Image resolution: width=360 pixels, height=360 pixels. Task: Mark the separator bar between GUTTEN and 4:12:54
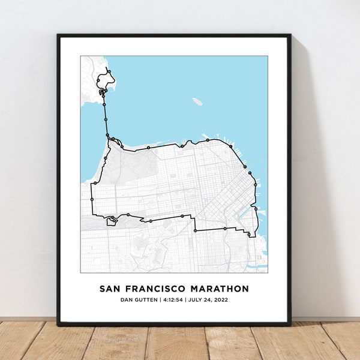tap(160, 300)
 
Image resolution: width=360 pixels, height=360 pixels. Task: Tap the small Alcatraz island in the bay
tap(197, 101)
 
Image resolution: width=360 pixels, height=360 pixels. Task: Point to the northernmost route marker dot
tap(109, 71)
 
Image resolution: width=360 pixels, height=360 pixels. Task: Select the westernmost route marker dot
tap(91, 199)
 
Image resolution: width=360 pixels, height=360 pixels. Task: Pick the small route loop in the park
tap(112, 221)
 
